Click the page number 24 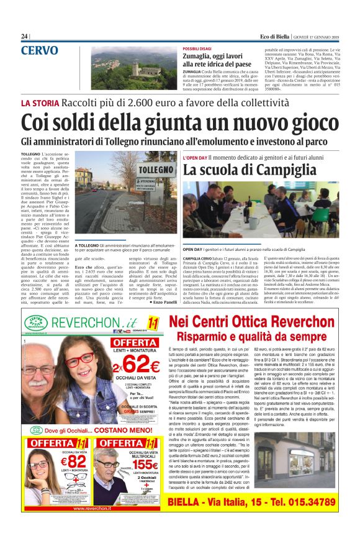coord(25,37)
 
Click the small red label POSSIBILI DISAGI coord(197,48)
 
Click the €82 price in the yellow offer coord(59,463)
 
